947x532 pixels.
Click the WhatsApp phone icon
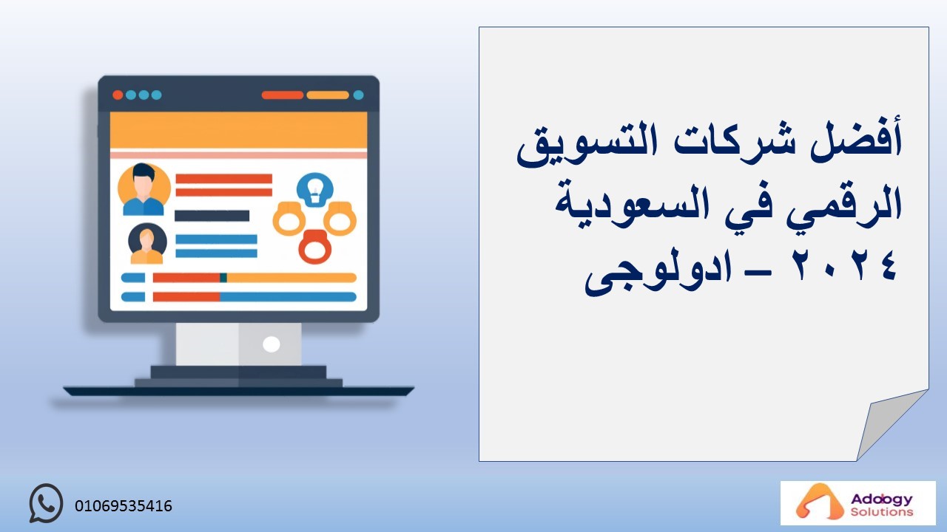click(46, 503)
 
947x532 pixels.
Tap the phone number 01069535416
click(124, 506)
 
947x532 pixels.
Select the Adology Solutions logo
click(857, 503)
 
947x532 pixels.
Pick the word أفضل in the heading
click(856, 140)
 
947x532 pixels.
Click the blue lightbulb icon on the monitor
click(315, 190)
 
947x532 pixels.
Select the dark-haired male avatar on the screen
click(144, 189)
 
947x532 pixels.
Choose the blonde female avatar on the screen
click(147, 244)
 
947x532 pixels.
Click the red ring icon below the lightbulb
click(315, 247)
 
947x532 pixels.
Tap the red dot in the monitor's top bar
click(118, 95)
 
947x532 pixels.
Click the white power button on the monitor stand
click(271, 344)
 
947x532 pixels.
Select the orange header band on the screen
click(238, 131)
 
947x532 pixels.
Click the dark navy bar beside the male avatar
click(212, 216)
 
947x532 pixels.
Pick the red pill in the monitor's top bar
click(283, 95)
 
